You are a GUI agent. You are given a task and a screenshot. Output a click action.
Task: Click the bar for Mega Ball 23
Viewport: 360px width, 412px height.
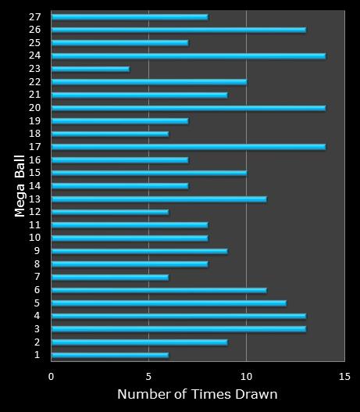pyautogui.click(x=91, y=69)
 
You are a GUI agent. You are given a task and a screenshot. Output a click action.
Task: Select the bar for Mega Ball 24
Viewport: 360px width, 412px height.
pyautogui.click(x=189, y=56)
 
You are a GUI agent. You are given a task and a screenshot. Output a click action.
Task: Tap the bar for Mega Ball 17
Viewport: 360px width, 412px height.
pyautogui.click(x=189, y=147)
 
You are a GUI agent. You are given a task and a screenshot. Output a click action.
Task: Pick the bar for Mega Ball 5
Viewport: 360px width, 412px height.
pyautogui.click(x=169, y=303)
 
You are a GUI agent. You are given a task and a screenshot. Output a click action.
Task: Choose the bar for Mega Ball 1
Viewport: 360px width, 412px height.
pyautogui.click(x=110, y=355)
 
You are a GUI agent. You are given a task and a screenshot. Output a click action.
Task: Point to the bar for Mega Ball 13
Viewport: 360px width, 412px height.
pyautogui.click(x=159, y=199)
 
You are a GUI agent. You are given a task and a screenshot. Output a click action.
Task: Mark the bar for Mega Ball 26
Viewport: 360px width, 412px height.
pyautogui.click(x=179, y=30)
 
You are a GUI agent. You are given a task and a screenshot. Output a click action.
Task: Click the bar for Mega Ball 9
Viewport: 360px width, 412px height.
pyautogui.click(x=140, y=251)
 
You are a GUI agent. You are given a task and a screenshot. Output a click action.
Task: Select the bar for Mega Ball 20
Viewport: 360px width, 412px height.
pyautogui.click(x=189, y=108)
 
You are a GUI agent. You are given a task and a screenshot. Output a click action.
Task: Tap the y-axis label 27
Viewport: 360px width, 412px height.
pyautogui.click(x=35, y=17)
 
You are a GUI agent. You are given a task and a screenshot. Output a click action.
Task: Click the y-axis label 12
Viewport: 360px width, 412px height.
pyautogui.click(x=35, y=212)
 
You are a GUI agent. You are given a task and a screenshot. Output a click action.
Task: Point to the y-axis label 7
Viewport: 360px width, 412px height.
pyautogui.click(x=37, y=277)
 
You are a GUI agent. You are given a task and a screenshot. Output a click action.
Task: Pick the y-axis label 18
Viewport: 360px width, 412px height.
pyautogui.click(x=35, y=134)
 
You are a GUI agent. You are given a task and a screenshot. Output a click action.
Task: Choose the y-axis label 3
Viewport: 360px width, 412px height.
pyautogui.click(x=37, y=328)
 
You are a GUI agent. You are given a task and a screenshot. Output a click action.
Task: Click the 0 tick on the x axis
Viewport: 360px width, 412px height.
pyautogui.click(x=51, y=377)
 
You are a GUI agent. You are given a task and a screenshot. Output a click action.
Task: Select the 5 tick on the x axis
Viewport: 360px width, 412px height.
pyautogui.click(x=148, y=377)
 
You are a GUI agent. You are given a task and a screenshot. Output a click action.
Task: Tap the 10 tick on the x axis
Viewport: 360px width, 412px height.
pyautogui.click(x=246, y=377)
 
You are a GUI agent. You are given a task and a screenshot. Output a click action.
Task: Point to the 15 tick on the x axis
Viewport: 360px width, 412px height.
pyautogui.click(x=344, y=377)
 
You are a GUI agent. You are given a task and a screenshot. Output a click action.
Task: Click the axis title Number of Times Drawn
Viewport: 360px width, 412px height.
pyautogui.click(x=198, y=394)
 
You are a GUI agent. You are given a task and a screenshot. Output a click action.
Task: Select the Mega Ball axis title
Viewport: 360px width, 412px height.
pyautogui.click(x=20, y=186)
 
